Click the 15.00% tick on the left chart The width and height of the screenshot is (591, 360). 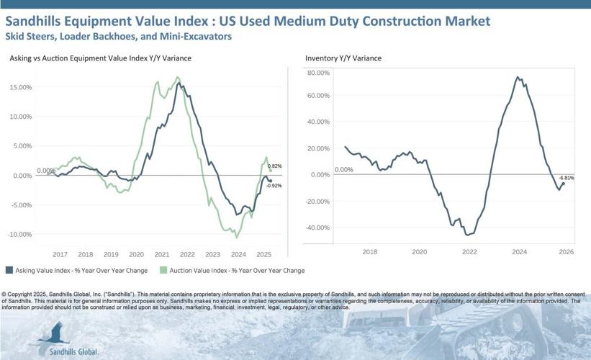click(x=20, y=87)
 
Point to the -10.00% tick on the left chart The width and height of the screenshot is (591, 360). click(x=19, y=235)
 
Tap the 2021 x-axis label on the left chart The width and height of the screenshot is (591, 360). click(x=162, y=254)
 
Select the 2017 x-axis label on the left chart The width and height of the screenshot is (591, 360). click(x=60, y=254)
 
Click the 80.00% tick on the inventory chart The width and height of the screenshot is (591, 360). click(x=317, y=73)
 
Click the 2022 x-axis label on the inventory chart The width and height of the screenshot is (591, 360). click(x=469, y=251)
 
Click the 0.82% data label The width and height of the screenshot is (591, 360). click(x=274, y=166)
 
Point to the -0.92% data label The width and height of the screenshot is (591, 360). click(x=274, y=186)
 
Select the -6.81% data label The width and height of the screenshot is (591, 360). click(x=567, y=178)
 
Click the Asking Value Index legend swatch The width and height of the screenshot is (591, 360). click(x=9, y=271)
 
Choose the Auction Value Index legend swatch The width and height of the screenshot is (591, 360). click(x=163, y=271)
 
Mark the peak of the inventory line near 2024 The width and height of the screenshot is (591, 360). click(x=519, y=76)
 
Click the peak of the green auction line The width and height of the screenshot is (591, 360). click(x=177, y=77)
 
